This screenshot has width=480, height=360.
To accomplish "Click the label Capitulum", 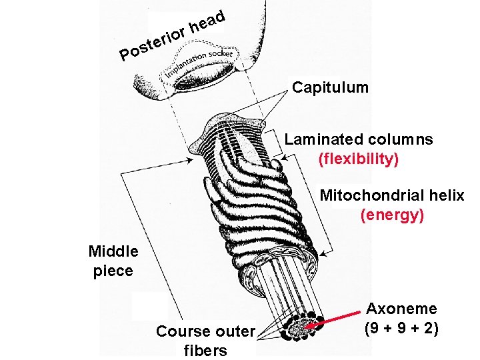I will pos(330,87).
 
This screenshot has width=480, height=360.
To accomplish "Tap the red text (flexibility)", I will pos(359,159).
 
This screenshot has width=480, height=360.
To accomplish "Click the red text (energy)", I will pos(392,215).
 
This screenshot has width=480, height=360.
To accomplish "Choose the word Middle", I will pos(113,251).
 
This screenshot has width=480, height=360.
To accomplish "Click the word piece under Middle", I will pos(113,271).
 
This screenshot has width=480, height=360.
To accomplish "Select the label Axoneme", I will pos(402,309).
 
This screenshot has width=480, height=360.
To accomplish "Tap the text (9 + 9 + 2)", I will pos(401,329).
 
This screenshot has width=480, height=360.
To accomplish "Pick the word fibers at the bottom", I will pos(205,351).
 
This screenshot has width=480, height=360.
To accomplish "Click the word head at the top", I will pos(207,21).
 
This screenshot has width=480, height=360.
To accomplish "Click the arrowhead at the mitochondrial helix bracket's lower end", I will pos(323,253).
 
